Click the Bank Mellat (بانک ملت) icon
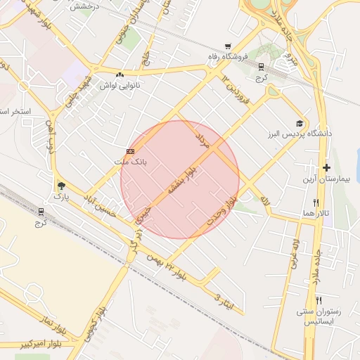pos(130,151)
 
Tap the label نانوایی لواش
pos(117,85)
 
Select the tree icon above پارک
pos(61,186)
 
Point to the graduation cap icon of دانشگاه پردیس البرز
pos(300,122)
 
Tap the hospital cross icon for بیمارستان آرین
pos(326,167)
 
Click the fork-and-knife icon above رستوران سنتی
pos(319,300)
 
